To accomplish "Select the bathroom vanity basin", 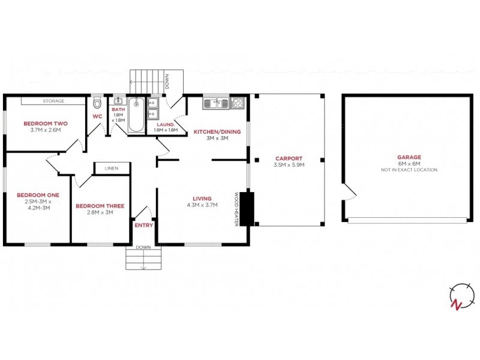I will point(119,101).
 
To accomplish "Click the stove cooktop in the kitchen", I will point(238,103).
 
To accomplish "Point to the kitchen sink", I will point(214,103).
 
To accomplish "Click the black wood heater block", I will point(247,208).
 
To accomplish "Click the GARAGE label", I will point(409,157).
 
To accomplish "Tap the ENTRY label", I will point(144,226).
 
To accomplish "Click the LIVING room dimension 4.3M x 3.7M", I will point(202,205).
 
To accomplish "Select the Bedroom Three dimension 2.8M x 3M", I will point(100,212).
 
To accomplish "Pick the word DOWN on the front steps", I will point(143,247).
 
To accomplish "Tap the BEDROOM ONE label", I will point(37,195).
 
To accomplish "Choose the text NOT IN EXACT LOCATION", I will point(409,170).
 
